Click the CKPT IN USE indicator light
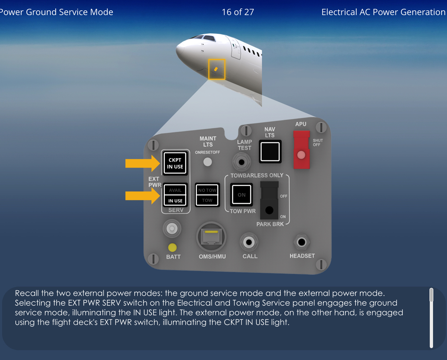pyautogui.click(x=175, y=163)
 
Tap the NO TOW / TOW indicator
pyautogui.click(x=207, y=195)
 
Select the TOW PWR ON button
pyautogui.click(x=241, y=195)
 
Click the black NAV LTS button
pyautogui.click(x=270, y=152)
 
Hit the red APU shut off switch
pyautogui.click(x=301, y=150)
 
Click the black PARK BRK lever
pyautogui.click(x=269, y=201)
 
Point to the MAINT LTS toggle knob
pyautogui.click(x=208, y=162)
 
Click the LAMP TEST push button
pyautogui.click(x=241, y=163)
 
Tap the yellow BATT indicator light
pyautogui.click(x=172, y=247)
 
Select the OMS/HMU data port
pyautogui.click(x=211, y=237)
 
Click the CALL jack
pyautogui.click(x=249, y=242)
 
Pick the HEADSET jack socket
pyautogui.click(x=302, y=242)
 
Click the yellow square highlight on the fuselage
pyautogui.click(x=216, y=69)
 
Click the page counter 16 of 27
pyautogui.click(x=238, y=12)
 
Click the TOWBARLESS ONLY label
pyautogui.click(x=257, y=175)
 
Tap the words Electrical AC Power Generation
pyautogui.click(x=383, y=12)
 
